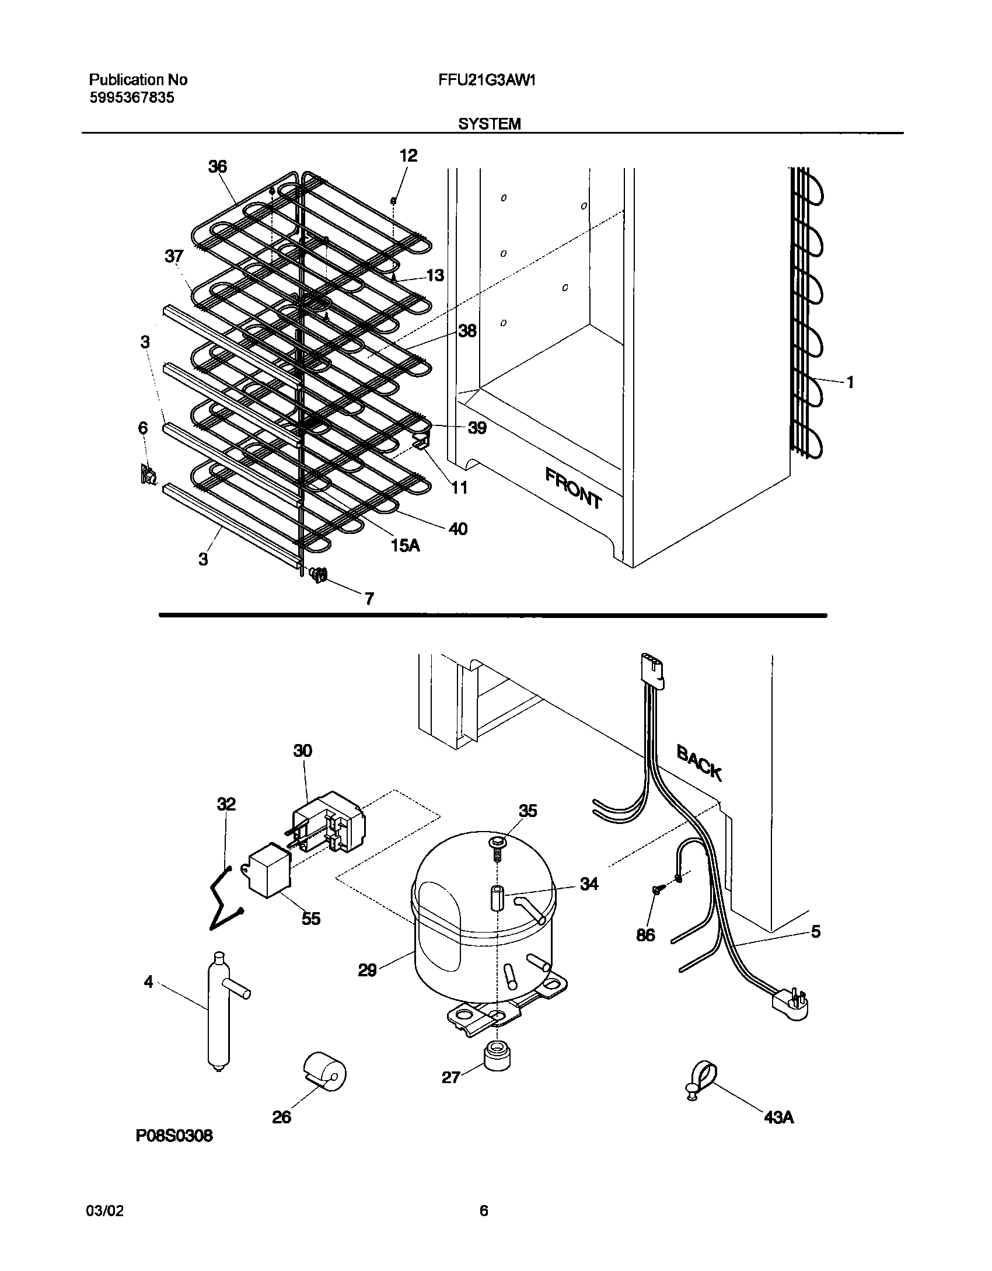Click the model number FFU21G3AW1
pyautogui.click(x=487, y=80)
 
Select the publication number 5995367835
pyautogui.click(x=131, y=98)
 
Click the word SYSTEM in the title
pyautogui.click(x=489, y=124)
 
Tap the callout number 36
pyautogui.click(x=218, y=167)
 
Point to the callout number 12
pyautogui.click(x=408, y=156)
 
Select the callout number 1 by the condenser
pyautogui.click(x=850, y=382)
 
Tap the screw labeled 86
pyautogui.click(x=658, y=906)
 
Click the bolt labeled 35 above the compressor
pyautogui.click(x=496, y=845)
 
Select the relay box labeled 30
pyautogui.click(x=327, y=822)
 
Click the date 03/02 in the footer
pyautogui.click(x=105, y=1211)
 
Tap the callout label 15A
pyautogui.click(x=406, y=546)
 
